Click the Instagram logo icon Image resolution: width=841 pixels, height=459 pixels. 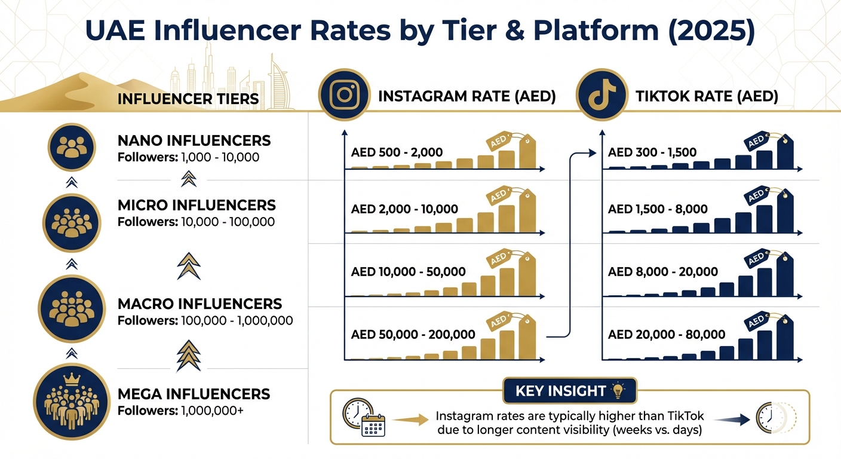(x=344, y=96)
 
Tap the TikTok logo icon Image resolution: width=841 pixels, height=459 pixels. (x=601, y=96)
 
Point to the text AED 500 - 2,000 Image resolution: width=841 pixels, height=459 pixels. (x=397, y=152)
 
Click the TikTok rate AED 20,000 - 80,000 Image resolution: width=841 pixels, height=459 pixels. (x=667, y=335)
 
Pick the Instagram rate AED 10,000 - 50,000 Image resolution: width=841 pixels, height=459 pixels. (x=409, y=272)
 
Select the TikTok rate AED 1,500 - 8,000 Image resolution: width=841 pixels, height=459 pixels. (x=658, y=209)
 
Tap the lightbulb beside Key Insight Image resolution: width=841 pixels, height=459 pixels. (x=618, y=391)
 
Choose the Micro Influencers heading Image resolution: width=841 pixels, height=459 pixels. (x=197, y=206)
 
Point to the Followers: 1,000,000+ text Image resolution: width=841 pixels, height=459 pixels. (x=180, y=411)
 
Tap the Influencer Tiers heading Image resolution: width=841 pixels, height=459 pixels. (x=188, y=99)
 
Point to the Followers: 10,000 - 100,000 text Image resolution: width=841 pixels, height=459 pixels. (x=196, y=222)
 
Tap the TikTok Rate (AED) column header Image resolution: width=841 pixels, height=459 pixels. (x=706, y=97)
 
